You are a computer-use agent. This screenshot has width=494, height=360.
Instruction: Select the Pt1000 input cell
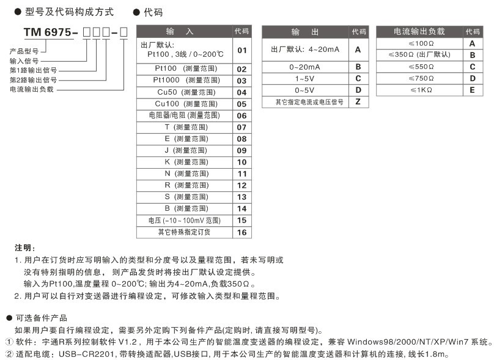185,81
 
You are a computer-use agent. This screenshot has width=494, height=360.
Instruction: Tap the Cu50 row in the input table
185,92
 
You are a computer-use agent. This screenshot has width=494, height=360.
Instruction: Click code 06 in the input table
241,116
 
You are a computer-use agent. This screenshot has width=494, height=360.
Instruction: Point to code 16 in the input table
241,232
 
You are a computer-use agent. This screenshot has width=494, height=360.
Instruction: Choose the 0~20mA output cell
304,67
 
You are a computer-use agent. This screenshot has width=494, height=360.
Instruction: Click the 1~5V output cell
304,79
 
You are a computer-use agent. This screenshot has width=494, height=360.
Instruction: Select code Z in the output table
358,102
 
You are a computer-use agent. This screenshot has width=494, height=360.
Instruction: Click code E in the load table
472,90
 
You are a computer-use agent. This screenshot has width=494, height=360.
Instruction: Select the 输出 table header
304,32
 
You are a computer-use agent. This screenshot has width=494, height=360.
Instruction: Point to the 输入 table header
184,32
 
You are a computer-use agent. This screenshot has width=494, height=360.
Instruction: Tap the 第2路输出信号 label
33,79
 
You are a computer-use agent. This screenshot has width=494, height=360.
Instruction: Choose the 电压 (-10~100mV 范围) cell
184,221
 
